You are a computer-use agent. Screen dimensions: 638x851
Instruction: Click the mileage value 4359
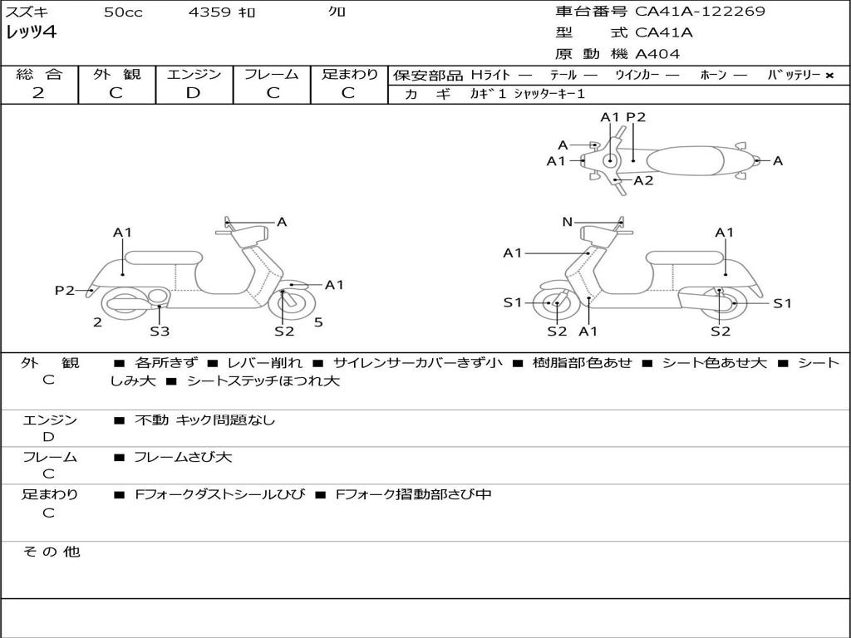click(x=209, y=12)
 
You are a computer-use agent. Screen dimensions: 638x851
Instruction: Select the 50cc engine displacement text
click(x=123, y=12)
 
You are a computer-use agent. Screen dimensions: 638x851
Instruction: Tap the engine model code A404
click(x=657, y=54)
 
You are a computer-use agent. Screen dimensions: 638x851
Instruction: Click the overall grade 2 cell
click(x=38, y=93)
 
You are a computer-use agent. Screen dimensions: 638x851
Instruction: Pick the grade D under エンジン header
click(x=193, y=93)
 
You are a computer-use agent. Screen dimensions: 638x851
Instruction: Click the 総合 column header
click(x=39, y=74)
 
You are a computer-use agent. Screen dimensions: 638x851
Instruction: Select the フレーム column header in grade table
click(x=272, y=74)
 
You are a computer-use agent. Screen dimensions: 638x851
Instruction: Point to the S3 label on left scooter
click(x=160, y=331)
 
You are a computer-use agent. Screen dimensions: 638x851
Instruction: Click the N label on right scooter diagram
click(x=568, y=222)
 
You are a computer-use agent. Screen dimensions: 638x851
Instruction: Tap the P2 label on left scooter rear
click(x=65, y=290)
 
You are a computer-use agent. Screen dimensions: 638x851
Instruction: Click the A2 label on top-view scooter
click(x=643, y=180)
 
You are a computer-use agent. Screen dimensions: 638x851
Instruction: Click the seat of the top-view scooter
click(x=688, y=159)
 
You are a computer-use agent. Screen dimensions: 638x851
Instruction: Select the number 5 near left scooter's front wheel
click(x=318, y=322)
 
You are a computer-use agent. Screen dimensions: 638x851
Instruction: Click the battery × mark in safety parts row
click(x=829, y=75)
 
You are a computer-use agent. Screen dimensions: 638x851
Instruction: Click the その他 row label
click(x=51, y=552)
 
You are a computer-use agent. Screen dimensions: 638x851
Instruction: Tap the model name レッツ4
click(x=30, y=33)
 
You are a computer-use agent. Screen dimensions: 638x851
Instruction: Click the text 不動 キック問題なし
click(x=204, y=420)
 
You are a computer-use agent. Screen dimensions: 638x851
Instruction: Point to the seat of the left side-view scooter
click(x=163, y=257)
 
